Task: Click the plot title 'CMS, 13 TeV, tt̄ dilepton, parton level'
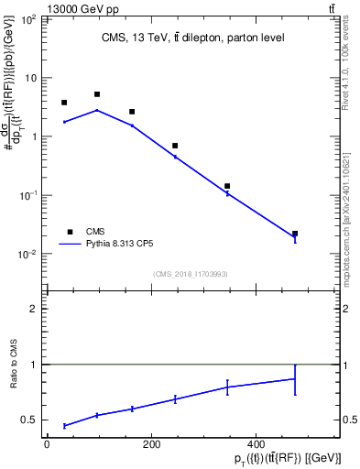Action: tap(192, 38)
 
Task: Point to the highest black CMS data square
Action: tap(97, 94)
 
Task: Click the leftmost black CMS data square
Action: tap(64, 103)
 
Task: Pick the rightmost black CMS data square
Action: tap(295, 234)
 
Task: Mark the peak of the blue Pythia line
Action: tap(97, 110)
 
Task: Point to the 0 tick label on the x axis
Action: tap(47, 444)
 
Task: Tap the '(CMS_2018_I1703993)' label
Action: tap(191, 273)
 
